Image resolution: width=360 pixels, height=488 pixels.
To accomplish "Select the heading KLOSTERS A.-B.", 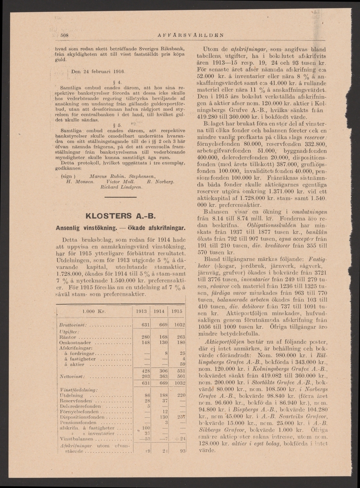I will coord(118,216).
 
